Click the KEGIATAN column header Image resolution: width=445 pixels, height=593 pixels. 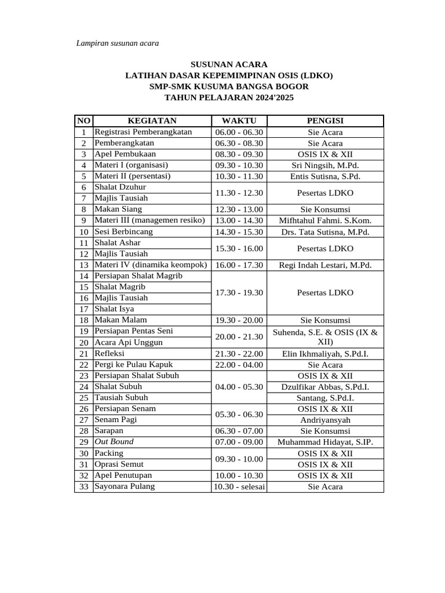point(152,120)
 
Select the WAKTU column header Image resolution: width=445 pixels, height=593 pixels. point(238,120)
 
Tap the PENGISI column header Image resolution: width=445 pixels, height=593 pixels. point(325,120)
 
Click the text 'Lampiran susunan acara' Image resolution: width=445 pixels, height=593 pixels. point(118,43)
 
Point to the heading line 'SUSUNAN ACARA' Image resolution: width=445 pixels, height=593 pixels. point(229,64)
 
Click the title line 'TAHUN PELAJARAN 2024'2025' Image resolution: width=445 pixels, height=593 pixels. point(229,98)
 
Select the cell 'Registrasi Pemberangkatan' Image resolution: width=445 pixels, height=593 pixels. point(143,132)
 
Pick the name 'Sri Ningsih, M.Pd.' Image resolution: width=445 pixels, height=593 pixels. point(325,165)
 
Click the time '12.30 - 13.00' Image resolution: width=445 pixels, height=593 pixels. point(238,210)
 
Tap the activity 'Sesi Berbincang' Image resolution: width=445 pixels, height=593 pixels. point(123,232)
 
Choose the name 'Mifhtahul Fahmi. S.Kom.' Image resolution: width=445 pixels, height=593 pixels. point(325,221)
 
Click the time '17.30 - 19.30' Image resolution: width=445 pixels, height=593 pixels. point(238,292)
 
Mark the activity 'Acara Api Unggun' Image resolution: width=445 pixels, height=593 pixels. point(128,342)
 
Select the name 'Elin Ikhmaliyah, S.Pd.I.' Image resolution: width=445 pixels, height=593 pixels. point(325,354)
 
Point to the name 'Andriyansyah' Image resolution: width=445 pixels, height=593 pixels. point(325,420)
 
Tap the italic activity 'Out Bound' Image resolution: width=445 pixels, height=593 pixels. point(114,442)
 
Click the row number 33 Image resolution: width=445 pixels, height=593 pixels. point(83,486)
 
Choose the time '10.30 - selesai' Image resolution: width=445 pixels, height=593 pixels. point(238,486)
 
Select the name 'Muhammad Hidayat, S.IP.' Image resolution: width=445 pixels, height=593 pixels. point(325,442)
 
